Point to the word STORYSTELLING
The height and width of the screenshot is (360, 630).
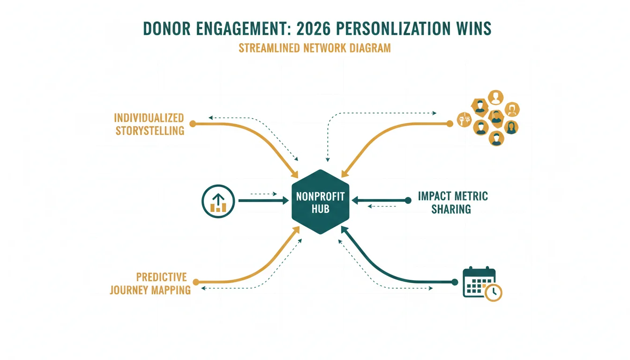click(150, 131)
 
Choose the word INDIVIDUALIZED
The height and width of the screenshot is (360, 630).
click(149, 118)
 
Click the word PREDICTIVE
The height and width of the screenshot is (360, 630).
click(161, 277)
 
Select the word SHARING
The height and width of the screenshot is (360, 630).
click(451, 209)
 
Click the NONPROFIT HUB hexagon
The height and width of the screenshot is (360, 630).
click(320, 202)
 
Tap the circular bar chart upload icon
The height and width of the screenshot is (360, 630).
click(218, 201)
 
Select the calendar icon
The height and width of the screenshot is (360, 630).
click(482, 284)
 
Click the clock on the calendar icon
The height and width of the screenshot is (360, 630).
click(493, 292)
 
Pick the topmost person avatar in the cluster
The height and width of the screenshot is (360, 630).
click(495, 97)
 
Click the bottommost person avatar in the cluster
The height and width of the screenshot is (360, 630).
click(496, 139)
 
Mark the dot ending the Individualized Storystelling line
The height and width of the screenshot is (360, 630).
click(193, 124)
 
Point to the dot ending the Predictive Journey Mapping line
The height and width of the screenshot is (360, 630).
click(196, 282)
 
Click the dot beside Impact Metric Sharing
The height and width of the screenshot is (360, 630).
click(408, 201)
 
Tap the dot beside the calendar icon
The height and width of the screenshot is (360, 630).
click(455, 282)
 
